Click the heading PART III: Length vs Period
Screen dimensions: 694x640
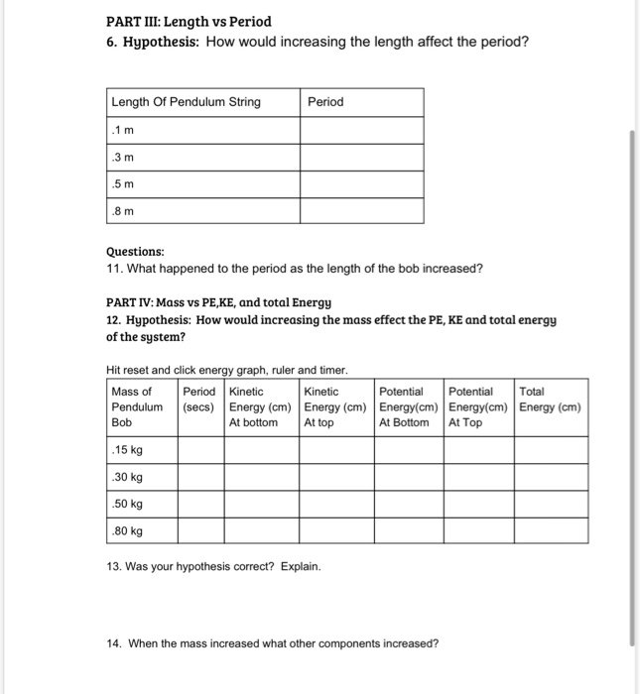[x=189, y=21]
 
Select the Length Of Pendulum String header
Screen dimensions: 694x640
[x=187, y=102]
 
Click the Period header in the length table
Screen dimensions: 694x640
[x=326, y=102]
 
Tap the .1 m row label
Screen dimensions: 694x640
[x=122, y=130]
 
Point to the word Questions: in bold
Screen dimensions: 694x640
[x=135, y=252]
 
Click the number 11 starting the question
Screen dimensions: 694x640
[x=112, y=269]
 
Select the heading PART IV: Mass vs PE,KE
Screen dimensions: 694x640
[x=218, y=302]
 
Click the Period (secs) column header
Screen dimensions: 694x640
[x=201, y=399]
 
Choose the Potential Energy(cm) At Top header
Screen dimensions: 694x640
[x=478, y=406]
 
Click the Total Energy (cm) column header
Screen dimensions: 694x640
[x=551, y=399]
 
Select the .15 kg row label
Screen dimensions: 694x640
[x=128, y=450]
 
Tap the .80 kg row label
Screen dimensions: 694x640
[x=128, y=530]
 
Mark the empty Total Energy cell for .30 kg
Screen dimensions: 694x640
[x=551, y=477]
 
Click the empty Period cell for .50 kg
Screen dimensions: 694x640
[x=201, y=504]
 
